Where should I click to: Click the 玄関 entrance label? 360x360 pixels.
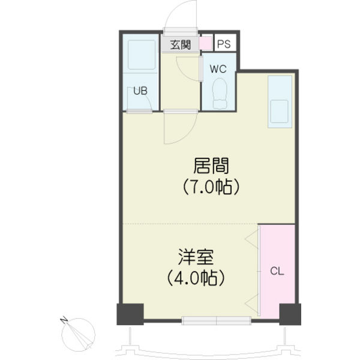(x=181, y=44)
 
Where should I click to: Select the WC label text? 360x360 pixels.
(x=218, y=69)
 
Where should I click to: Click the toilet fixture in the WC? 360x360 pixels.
(x=220, y=94)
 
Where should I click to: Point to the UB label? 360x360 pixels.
(x=140, y=91)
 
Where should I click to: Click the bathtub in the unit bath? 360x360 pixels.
(x=142, y=55)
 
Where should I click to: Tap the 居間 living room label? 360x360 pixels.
(x=211, y=166)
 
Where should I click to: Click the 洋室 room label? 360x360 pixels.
(x=196, y=256)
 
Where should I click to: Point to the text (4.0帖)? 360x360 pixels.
(x=196, y=278)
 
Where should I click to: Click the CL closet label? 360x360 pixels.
(x=277, y=271)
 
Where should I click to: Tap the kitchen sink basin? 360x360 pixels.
(x=279, y=112)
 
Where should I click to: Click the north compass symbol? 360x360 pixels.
(x=78, y=335)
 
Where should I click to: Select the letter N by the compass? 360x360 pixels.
(x=64, y=320)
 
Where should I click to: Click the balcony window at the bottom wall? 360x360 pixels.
(x=216, y=320)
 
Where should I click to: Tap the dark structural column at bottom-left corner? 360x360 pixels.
(x=130, y=314)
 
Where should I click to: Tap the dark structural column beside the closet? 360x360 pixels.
(x=290, y=314)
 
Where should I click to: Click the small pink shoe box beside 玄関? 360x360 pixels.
(x=205, y=43)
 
